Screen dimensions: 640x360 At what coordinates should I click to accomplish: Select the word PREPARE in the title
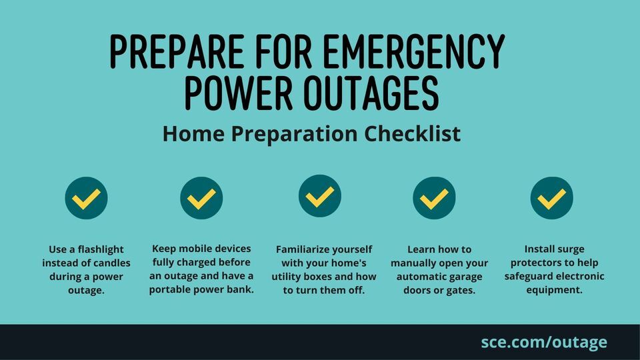(x=177, y=51)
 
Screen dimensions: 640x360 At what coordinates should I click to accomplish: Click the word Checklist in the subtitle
(x=412, y=133)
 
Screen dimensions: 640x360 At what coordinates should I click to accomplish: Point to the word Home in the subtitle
(x=193, y=133)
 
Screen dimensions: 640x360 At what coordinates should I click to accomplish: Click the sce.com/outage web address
(x=544, y=342)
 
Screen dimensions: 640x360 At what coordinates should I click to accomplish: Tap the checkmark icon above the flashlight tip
(x=86, y=198)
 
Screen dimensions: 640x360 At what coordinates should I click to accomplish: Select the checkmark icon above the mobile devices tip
(x=201, y=198)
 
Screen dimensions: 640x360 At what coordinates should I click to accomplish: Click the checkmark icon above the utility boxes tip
(x=319, y=196)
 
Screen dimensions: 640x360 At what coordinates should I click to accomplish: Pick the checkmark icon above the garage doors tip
(x=434, y=198)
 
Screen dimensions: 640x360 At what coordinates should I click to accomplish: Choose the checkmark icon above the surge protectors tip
(x=551, y=198)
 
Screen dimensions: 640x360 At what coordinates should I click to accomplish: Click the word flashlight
(x=101, y=250)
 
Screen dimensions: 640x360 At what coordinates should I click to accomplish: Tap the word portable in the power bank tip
(x=166, y=290)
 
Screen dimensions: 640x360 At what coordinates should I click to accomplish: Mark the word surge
(x=571, y=249)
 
